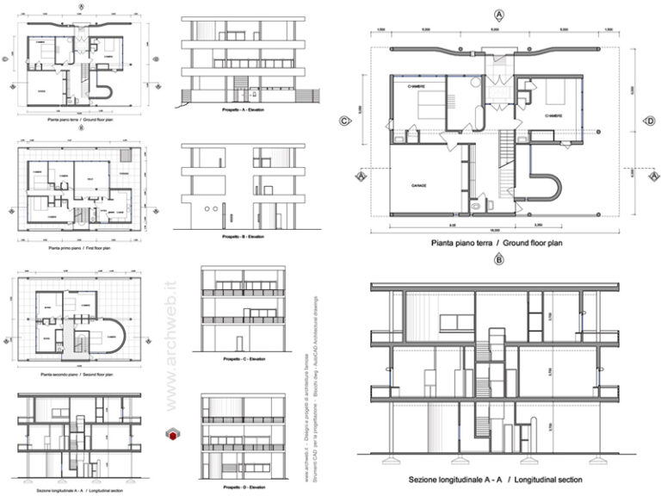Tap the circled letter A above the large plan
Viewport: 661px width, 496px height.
(498, 15)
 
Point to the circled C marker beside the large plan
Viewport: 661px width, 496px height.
(344, 121)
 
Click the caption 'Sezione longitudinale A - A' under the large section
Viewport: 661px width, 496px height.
(496, 479)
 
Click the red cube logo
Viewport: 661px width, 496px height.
(172, 436)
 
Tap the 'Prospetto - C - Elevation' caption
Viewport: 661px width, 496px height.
(244, 358)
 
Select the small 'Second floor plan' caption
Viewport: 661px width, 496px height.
(78, 376)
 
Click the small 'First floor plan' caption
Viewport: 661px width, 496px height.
(78, 246)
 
